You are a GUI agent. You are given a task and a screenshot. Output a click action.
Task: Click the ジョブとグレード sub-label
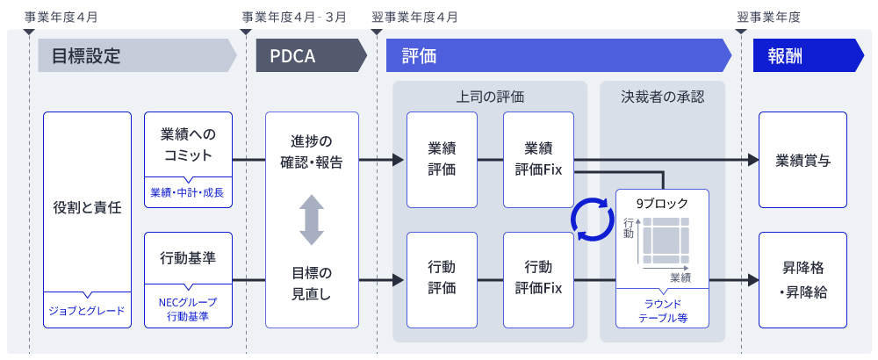pyautogui.click(x=86, y=310)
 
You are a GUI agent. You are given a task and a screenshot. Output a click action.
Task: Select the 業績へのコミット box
pyautogui.click(x=188, y=145)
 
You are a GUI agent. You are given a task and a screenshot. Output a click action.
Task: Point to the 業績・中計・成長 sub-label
pyautogui.click(x=188, y=192)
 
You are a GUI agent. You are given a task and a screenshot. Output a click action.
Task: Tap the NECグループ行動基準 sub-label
pyautogui.click(x=188, y=309)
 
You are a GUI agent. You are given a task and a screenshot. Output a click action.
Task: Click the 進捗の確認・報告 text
pyautogui.click(x=312, y=151)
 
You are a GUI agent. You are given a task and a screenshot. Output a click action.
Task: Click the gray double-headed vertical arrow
pyautogui.click(x=312, y=220)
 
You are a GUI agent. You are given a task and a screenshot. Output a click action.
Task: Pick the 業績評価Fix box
pyautogui.click(x=538, y=159)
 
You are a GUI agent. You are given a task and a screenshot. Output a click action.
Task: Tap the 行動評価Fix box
pyautogui.click(x=538, y=277)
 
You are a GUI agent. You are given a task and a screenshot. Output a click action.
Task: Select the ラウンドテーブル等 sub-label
pyautogui.click(x=664, y=310)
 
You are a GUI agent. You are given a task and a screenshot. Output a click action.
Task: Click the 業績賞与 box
pyautogui.click(x=802, y=160)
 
